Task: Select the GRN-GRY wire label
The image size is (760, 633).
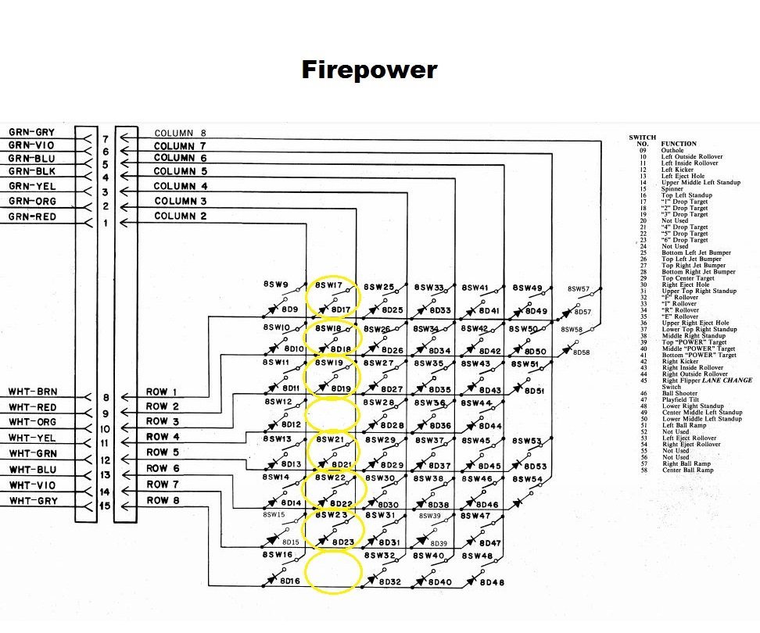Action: click(x=31, y=133)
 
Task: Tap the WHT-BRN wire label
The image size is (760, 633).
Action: click(x=33, y=392)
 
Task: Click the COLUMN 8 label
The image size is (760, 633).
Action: click(x=181, y=134)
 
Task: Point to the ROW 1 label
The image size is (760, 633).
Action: click(x=162, y=392)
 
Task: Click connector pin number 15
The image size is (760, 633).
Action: click(x=105, y=506)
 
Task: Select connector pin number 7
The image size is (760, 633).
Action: click(x=105, y=139)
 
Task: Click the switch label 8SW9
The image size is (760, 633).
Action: click(x=276, y=285)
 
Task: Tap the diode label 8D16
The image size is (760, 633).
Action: click(x=290, y=582)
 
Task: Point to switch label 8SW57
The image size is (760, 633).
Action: click(x=579, y=289)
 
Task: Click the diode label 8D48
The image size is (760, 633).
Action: click(x=491, y=582)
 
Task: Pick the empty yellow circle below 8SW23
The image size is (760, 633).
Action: click(x=332, y=571)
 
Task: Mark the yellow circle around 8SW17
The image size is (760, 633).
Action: click(x=332, y=298)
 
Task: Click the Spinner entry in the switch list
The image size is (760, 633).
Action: click(x=673, y=189)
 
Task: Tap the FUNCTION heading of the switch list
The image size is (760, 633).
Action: click(x=679, y=144)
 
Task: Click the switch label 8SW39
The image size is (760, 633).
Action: click(x=433, y=516)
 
